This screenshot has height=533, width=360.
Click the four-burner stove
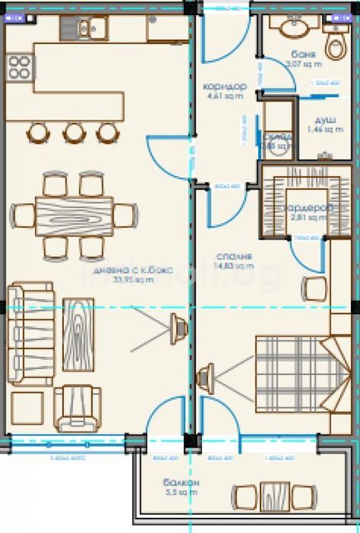click(x=20, y=66)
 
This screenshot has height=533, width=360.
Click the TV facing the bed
click(x=204, y=377)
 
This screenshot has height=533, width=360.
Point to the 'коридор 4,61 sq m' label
click(x=225, y=91)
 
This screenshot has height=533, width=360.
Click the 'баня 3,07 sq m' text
click(x=304, y=59)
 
